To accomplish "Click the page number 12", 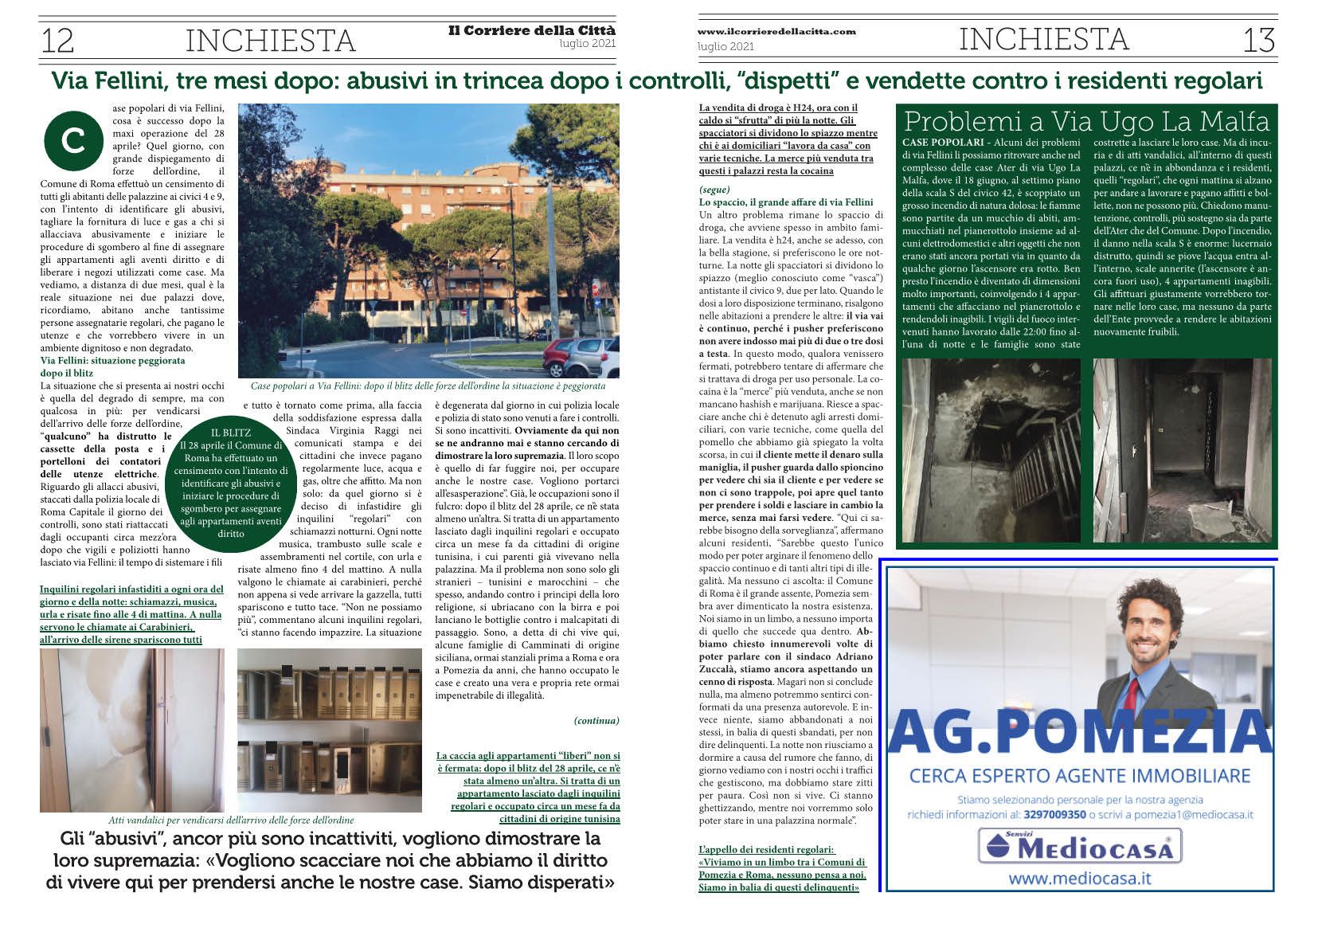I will tap(57, 40).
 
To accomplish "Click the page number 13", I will tap(1258, 40).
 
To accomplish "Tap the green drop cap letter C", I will tap(73, 140).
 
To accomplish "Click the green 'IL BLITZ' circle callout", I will tap(230, 482).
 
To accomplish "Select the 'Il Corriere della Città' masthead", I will tap(531, 30).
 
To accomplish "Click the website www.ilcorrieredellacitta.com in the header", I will tap(776, 31).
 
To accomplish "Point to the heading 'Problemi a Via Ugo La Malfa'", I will tap(1086, 121).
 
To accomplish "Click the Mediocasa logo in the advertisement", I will tap(1079, 846).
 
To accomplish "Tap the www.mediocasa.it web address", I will tap(1079, 879).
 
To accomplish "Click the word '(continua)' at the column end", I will tap(596, 720).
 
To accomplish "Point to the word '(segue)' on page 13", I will tap(714, 190).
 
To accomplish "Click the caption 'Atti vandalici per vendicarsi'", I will tap(231, 820).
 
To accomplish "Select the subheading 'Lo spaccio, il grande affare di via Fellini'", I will tap(785, 202).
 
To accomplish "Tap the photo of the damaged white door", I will tap(132, 730).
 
